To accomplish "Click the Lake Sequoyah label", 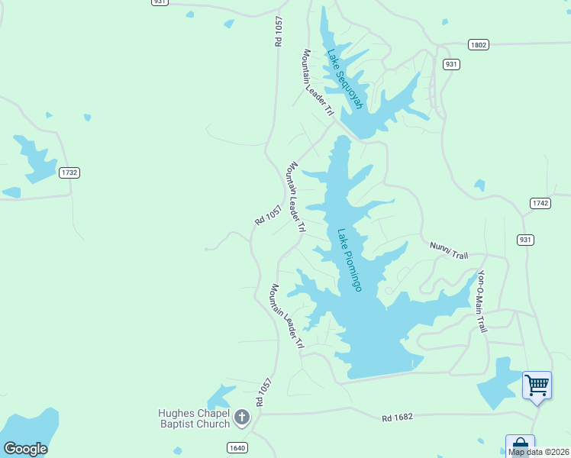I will (345, 79).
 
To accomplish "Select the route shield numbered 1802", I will (478, 45).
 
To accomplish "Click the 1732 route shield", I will (69, 173).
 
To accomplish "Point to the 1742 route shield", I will (540, 202).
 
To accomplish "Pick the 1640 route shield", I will (237, 447).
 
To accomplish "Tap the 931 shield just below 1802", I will (451, 64).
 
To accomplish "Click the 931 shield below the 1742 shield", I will (525, 240).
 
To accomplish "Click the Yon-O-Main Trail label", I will (482, 301).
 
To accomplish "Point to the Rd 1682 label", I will (397, 418).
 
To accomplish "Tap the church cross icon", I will (242, 417).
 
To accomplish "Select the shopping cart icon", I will (537, 384).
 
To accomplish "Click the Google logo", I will (25, 449).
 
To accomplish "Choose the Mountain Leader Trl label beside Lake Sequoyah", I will (318, 82).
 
